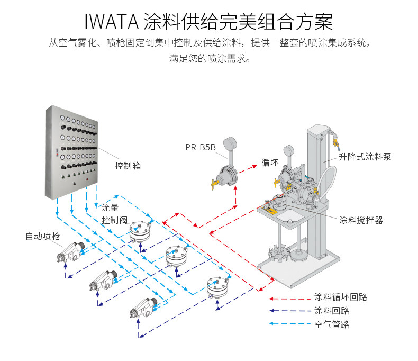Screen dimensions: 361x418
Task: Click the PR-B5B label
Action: [200, 148]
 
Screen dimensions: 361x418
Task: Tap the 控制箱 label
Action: [128, 166]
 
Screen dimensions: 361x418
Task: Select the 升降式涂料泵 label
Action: [365, 157]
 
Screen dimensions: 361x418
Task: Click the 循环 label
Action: [270, 163]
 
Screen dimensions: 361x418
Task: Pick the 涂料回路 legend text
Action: [331, 311]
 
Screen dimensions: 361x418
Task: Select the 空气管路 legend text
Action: [331, 324]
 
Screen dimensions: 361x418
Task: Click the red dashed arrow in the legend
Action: [288, 297]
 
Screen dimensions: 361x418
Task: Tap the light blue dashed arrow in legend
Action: [288, 324]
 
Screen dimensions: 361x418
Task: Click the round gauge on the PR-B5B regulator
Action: [230, 145]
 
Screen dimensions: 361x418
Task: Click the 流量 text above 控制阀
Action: [110, 207]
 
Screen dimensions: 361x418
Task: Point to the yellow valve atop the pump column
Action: [334, 142]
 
